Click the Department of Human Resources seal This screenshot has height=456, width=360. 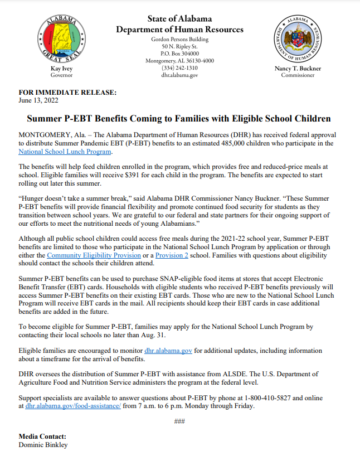[x=298, y=39]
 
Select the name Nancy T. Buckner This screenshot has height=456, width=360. [x=298, y=69]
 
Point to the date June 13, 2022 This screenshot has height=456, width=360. [x=38, y=100]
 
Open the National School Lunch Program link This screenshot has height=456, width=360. [x=65, y=151]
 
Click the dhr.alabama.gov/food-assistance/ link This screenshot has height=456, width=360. [x=73, y=406]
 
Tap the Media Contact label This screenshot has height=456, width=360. [x=42, y=436]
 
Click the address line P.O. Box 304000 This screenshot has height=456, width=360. [x=179, y=54]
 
